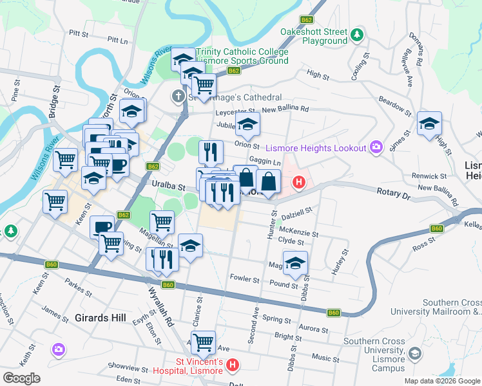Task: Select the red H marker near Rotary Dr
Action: tap(298, 183)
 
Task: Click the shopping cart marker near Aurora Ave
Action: tap(204, 342)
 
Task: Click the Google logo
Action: tap(21, 378)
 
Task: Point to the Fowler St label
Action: tap(244, 280)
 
